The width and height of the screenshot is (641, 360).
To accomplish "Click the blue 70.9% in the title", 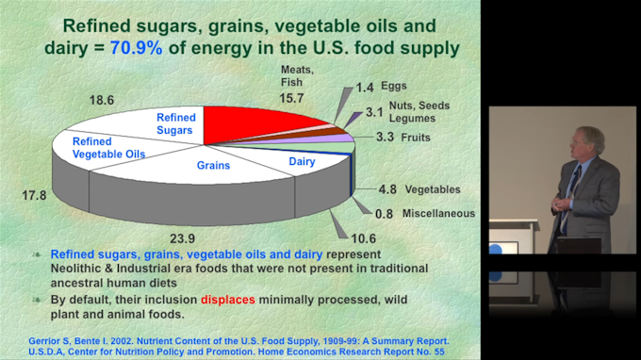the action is click(136, 48).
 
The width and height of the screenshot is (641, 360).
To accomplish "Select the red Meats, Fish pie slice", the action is click(254, 123).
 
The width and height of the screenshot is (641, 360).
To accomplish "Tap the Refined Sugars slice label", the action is click(175, 123).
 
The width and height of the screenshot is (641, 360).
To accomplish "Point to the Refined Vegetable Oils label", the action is click(108, 148).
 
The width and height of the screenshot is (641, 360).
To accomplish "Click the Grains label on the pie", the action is click(213, 166).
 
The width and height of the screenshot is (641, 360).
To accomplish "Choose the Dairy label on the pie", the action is click(302, 161).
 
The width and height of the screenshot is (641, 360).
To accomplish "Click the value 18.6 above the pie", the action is click(102, 100).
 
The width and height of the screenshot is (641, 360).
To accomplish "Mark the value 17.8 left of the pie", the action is click(34, 195).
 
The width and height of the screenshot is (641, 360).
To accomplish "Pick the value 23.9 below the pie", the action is click(182, 238).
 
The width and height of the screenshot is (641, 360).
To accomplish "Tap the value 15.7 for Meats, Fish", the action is click(291, 98).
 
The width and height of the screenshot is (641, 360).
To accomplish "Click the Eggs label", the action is click(394, 86).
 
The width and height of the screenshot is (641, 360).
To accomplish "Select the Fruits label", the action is click(416, 138).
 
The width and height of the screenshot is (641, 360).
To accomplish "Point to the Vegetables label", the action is click(433, 189).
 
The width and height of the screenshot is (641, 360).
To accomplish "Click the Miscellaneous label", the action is click(438, 213).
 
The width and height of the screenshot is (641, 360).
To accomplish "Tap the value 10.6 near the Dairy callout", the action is click(364, 238).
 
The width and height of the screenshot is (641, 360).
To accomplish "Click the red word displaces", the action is click(228, 300).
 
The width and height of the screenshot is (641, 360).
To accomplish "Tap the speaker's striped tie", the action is click(570, 196).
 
